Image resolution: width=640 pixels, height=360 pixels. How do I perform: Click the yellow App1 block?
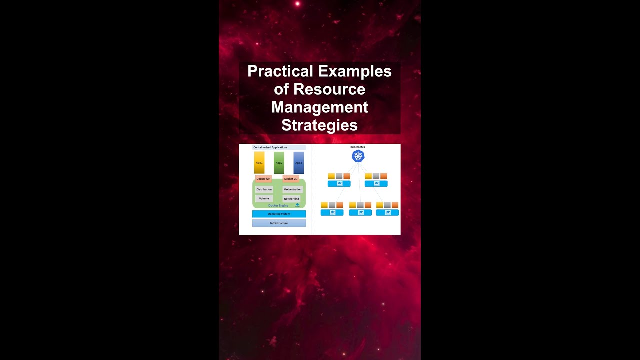pos(259,163)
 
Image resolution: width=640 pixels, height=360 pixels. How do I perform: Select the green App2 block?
pos(279,163)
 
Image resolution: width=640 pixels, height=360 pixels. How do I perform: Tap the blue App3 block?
pos(299,163)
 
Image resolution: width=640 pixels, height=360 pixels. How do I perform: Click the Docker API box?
pos(263,178)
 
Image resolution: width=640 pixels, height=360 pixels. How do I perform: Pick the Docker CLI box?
pos(291,178)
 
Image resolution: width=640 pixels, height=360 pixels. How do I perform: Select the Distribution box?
pos(264,189)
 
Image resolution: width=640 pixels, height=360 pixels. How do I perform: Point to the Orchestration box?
pos(292,189)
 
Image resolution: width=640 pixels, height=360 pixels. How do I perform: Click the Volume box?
pos(264,198)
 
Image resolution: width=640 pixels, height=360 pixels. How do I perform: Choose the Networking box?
pos(292,199)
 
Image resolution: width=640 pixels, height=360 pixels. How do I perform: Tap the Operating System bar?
pos(279,214)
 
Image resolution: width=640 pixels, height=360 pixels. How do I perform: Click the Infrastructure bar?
pos(279,223)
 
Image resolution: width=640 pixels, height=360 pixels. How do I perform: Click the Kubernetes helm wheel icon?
pos(358,156)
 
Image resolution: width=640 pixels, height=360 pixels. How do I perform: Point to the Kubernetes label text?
pos(358,147)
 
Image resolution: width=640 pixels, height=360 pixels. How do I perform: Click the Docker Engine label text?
pos(278,205)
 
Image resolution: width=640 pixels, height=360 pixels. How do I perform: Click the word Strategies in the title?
pos(319,125)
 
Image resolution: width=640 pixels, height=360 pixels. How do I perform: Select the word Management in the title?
pos(319,107)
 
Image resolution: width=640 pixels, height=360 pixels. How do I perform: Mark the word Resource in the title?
pos(329,89)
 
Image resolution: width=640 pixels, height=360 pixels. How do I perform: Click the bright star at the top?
pos(297,4)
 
